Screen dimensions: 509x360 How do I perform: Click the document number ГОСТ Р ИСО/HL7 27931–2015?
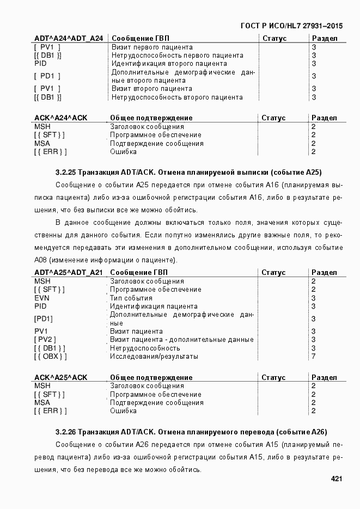coord(291,26)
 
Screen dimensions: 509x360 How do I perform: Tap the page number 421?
coord(336,479)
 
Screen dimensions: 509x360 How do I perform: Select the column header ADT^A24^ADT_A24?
coord(69,39)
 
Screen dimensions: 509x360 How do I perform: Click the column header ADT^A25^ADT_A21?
coord(69,272)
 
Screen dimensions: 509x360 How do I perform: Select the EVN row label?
coord(42,298)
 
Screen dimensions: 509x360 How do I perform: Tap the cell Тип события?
coord(131,298)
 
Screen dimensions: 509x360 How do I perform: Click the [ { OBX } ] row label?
coord(51,357)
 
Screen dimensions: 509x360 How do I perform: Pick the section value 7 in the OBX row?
coord(313,357)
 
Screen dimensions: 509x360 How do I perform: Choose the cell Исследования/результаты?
coord(154,357)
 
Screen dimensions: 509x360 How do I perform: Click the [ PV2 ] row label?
coord(46,340)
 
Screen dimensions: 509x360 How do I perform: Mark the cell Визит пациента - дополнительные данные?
coord(182,340)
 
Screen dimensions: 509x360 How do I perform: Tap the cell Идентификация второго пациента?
coord(169,64)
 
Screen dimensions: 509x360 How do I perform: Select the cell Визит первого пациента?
coord(152,47)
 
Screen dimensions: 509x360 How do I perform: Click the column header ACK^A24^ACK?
coord(61,118)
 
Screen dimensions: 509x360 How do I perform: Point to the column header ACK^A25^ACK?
coord(61,377)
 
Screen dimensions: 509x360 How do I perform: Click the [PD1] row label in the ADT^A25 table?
coord(44,319)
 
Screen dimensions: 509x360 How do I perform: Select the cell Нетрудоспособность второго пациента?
coord(177,97)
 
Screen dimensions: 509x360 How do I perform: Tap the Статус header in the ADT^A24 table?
coord(274,39)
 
